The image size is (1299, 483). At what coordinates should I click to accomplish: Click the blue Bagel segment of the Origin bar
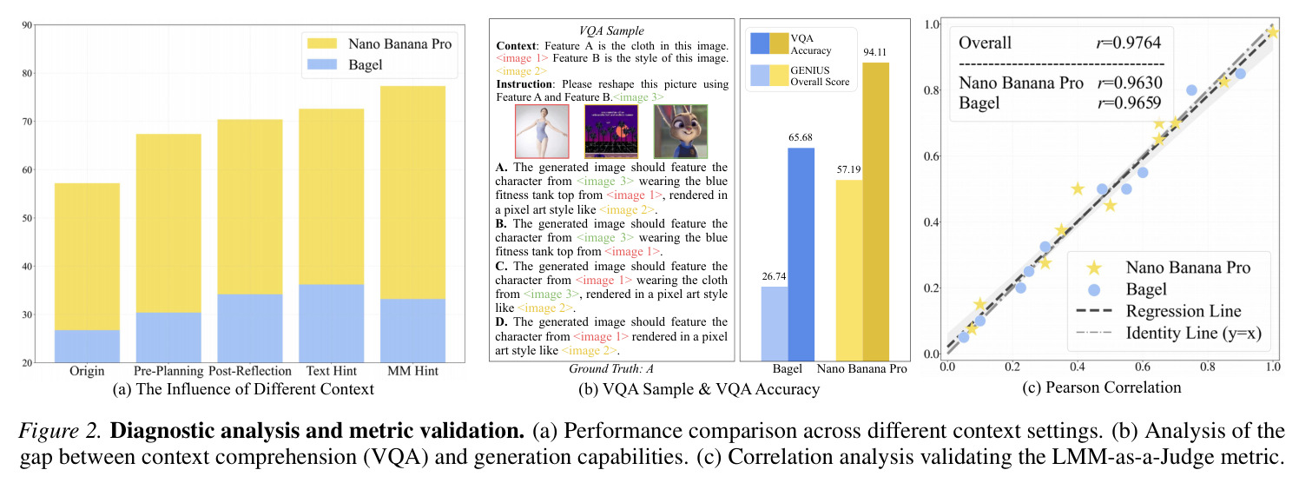click(x=87, y=346)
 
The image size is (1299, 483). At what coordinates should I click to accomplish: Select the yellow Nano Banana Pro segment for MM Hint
click(x=413, y=193)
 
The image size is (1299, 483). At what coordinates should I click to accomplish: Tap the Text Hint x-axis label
click(x=331, y=371)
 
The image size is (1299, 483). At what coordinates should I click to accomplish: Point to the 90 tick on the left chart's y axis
click(x=27, y=25)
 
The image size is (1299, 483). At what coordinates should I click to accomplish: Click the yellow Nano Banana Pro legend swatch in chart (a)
click(x=322, y=43)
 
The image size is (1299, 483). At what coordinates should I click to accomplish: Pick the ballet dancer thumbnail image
click(x=542, y=132)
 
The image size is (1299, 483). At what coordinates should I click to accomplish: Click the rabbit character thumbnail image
click(x=681, y=132)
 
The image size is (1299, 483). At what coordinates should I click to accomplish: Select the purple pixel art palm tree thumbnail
click(x=611, y=132)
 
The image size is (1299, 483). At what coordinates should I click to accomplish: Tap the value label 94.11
click(x=874, y=52)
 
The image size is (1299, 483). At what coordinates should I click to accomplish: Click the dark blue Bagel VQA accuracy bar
click(x=801, y=255)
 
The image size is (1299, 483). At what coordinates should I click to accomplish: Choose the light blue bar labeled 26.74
click(x=775, y=323)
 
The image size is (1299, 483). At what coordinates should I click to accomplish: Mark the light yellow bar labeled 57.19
click(x=849, y=270)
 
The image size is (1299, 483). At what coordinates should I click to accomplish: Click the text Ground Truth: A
click(x=610, y=369)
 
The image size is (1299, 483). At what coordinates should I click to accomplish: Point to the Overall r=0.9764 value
click(x=1129, y=43)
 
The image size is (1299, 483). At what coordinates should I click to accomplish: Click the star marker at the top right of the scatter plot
click(x=1272, y=32)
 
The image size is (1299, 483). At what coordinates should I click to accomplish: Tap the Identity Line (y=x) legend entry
click(x=1169, y=334)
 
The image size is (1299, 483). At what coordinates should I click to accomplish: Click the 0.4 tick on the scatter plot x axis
click(x=1077, y=367)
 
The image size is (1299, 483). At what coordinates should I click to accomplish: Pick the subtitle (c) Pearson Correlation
click(x=1101, y=387)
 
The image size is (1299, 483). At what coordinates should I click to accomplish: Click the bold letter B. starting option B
click(x=501, y=224)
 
